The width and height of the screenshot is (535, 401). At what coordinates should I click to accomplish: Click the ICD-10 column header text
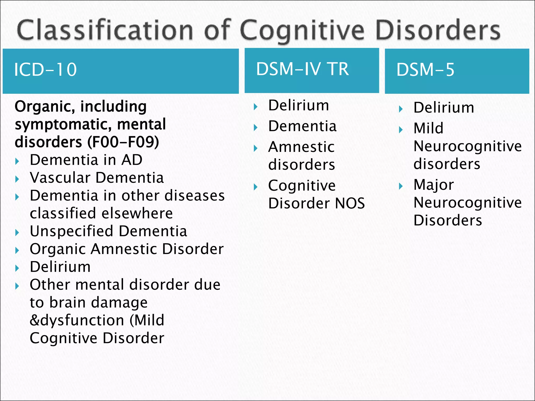pos(45,70)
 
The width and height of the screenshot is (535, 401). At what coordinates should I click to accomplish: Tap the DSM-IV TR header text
pos(302,69)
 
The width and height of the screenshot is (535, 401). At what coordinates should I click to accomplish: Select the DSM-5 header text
pos(425,70)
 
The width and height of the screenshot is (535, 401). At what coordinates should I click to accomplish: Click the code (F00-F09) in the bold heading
pos(123,142)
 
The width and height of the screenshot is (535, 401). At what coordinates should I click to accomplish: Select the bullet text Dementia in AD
pos(86,160)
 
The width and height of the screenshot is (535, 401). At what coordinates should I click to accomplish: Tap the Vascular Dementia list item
pos(97,178)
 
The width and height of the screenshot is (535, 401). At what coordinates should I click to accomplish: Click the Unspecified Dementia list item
pos(108,231)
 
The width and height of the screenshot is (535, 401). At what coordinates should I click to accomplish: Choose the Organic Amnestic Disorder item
pos(127,249)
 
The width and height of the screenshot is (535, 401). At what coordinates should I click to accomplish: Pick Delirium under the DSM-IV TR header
pos(298,105)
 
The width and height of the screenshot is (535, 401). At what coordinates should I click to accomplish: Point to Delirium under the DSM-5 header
pos(444,108)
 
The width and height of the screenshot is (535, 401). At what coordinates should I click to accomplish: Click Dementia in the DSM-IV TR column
pos(302,126)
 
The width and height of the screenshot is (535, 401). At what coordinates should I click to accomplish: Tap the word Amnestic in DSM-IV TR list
pos(301,147)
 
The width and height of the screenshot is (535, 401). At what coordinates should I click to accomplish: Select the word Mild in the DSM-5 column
pos(428,128)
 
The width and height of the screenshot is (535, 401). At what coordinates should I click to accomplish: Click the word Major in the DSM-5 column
pos(434,185)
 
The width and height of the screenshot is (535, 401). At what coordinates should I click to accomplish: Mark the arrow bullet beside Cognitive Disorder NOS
pos(256,187)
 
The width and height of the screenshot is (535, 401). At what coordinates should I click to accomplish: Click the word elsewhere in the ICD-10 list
pos(137,213)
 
